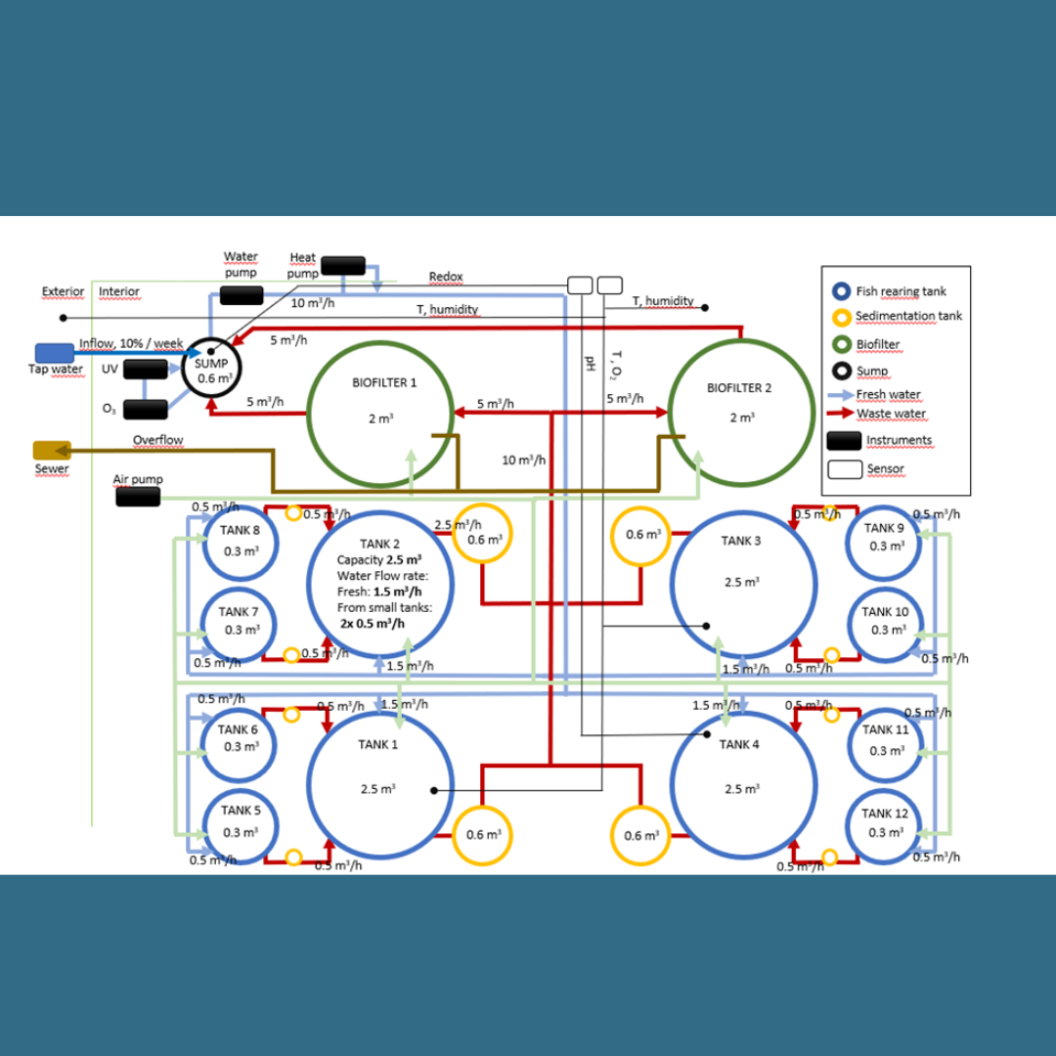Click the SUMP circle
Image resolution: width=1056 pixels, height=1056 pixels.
212,370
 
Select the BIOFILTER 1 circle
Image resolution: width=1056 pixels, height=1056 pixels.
380,413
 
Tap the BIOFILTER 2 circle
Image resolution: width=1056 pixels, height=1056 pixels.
740,413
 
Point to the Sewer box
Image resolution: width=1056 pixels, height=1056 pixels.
52,450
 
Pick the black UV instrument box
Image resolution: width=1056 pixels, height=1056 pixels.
145,370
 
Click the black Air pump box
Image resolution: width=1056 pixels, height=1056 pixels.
138,497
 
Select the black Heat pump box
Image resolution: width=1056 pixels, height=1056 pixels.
342,265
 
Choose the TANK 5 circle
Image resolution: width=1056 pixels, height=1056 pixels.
240,825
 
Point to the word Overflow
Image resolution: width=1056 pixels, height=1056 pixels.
158,440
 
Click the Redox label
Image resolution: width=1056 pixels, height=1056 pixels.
446,278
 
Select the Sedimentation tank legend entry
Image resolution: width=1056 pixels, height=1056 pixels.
908,316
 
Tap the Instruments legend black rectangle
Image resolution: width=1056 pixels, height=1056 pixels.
844,441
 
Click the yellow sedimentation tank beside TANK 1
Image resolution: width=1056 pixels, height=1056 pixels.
482,834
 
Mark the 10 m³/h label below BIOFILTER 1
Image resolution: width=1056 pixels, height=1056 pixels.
524,460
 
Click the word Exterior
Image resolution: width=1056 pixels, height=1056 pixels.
63,291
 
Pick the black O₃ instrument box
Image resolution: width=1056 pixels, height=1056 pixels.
145,409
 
